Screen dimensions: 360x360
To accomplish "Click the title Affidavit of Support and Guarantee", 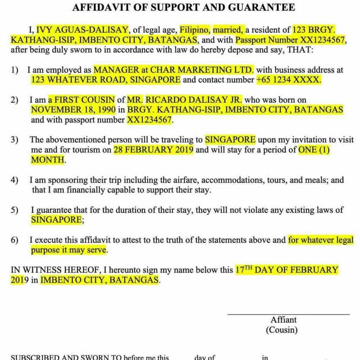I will pyautogui.click(x=183, y=7).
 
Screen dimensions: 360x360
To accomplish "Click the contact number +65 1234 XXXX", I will pyautogui.click(x=289, y=80).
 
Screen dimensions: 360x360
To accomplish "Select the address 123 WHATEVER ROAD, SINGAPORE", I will pyautogui.click(x=106, y=80).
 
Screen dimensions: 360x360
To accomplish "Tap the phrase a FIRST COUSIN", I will pyautogui.click(x=82, y=100).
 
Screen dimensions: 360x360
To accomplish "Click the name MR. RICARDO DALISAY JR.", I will pyautogui.click(x=184, y=100).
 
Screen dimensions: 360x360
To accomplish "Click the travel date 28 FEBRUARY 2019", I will pyautogui.click(x=153, y=150).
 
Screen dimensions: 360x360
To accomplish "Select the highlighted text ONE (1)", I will pyautogui.click(x=314, y=150).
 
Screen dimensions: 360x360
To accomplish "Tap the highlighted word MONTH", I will pyautogui.click(x=48, y=160).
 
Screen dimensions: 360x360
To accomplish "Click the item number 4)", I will pyautogui.click(x=15, y=180).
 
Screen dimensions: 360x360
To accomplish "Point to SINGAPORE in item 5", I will pyautogui.click(x=56, y=220).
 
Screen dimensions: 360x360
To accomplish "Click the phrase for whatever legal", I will pyautogui.click(x=321, y=240).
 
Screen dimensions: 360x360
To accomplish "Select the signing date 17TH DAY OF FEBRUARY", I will pyautogui.click(x=286, y=270).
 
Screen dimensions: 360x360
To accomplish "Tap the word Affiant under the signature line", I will pyautogui.click(x=283, y=320).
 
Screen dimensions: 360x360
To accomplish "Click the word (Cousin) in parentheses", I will pyautogui.click(x=281, y=330).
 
